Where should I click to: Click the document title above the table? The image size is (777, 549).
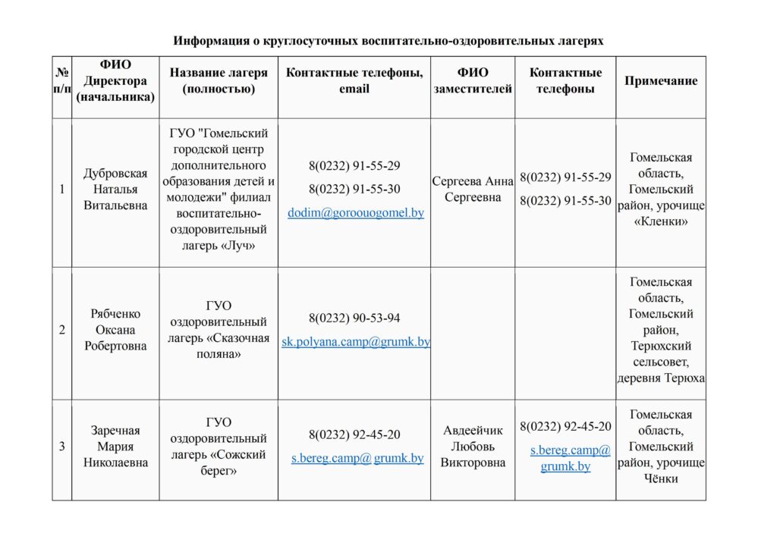(x=388, y=40)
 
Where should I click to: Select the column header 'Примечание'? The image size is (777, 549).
(x=660, y=81)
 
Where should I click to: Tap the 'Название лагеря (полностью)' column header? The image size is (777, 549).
(x=219, y=80)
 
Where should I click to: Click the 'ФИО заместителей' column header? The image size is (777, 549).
(x=473, y=80)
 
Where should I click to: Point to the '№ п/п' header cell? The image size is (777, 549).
(x=61, y=80)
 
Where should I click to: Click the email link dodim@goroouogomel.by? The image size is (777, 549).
(x=355, y=213)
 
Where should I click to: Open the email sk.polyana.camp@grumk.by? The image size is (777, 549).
(x=355, y=342)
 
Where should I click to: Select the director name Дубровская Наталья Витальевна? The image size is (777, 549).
(x=115, y=190)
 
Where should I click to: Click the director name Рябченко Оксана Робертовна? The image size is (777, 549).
(x=115, y=330)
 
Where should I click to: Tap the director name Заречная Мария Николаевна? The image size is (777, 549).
(x=115, y=447)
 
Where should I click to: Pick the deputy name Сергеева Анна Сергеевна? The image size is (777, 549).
(x=473, y=189)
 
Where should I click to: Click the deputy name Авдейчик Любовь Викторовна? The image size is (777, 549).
(x=473, y=447)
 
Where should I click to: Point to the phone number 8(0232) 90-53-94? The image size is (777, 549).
(x=354, y=318)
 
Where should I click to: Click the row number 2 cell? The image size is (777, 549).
(x=61, y=330)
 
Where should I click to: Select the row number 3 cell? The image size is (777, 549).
(x=61, y=447)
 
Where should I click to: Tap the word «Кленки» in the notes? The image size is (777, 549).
(x=661, y=222)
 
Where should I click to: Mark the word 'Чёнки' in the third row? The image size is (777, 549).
(x=661, y=478)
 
